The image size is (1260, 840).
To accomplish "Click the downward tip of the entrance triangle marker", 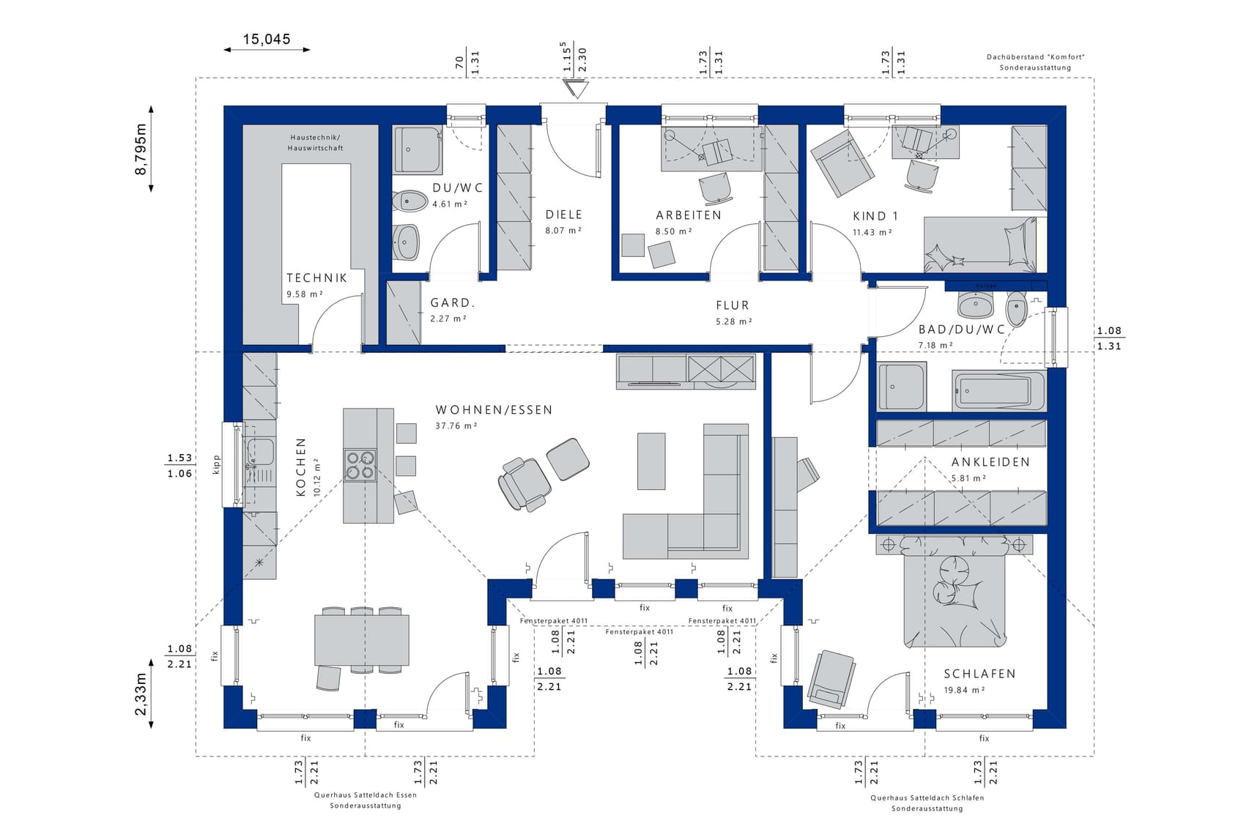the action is click(577, 97).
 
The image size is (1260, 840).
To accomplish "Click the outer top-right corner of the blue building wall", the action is click(1066, 106).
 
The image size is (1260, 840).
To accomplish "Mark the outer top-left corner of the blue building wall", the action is click(224, 106).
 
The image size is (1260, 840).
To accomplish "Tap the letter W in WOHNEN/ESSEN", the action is click(440, 410).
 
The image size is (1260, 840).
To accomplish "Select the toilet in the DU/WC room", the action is click(409, 201).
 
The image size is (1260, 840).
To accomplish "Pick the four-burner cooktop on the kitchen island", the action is click(360, 464).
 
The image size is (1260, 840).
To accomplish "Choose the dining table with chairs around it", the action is click(362, 640).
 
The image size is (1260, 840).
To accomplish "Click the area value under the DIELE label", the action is click(563, 231).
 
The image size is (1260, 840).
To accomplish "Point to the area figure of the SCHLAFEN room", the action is click(964, 690).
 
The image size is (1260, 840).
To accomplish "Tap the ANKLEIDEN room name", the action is click(990, 462).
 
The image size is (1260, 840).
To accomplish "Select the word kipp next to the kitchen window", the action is click(216, 465).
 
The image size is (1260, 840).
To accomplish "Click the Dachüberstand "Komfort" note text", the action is click(1035, 57).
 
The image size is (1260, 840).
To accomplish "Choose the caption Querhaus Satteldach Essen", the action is click(366, 795).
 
